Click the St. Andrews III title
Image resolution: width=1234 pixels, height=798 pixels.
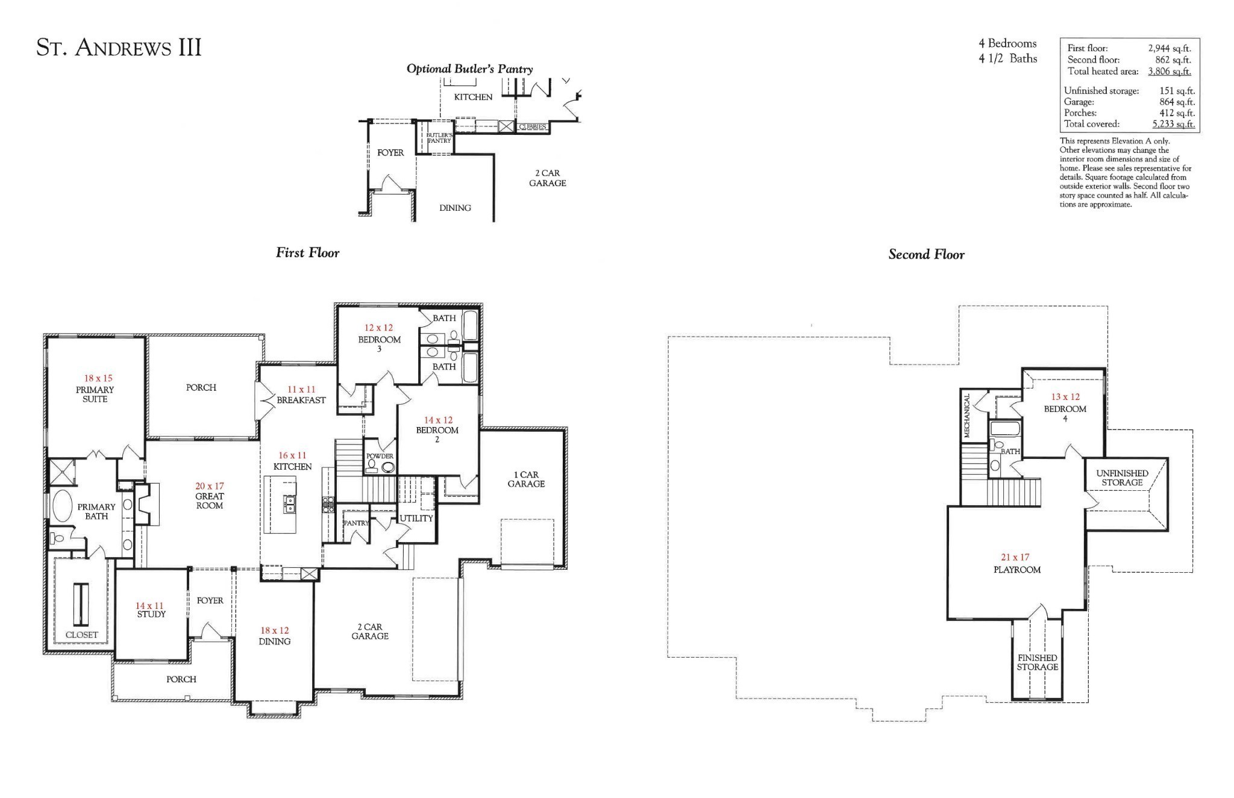point(119,48)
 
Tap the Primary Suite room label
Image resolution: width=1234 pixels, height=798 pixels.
point(95,394)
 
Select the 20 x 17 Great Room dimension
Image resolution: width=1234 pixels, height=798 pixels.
point(209,486)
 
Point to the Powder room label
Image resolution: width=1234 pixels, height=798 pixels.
point(380,456)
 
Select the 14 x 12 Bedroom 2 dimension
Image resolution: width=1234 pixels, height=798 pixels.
point(438,420)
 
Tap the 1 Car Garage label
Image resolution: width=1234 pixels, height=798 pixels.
point(526,479)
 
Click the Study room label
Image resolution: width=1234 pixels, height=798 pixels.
point(151,614)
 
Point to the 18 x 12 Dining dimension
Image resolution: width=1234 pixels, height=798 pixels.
point(274,631)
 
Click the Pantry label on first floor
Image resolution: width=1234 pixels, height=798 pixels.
point(355,523)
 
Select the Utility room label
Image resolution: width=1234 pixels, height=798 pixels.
point(416,518)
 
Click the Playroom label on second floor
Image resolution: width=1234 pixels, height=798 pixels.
point(1017,570)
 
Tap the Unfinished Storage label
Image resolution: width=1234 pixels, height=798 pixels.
point(1122,478)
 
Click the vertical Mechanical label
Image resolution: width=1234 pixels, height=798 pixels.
point(967,416)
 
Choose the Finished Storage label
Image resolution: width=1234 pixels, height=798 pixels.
point(1037,662)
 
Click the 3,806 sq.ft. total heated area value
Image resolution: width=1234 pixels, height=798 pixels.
point(1169,71)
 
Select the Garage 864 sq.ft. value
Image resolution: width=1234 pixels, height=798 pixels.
point(1177,102)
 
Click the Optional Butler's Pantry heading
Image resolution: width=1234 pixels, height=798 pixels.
point(469,69)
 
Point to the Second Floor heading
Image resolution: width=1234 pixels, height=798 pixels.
point(926,255)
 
